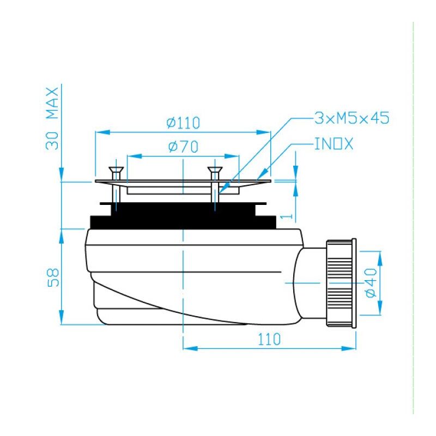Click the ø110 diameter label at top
(183, 123)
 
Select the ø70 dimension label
(183, 147)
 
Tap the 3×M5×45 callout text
(352, 118)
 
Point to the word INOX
(334, 144)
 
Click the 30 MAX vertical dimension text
(52, 119)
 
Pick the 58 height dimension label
(53, 277)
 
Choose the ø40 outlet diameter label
(371, 283)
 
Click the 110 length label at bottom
(269, 339)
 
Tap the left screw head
(116, 169)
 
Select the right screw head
(215, 169)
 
